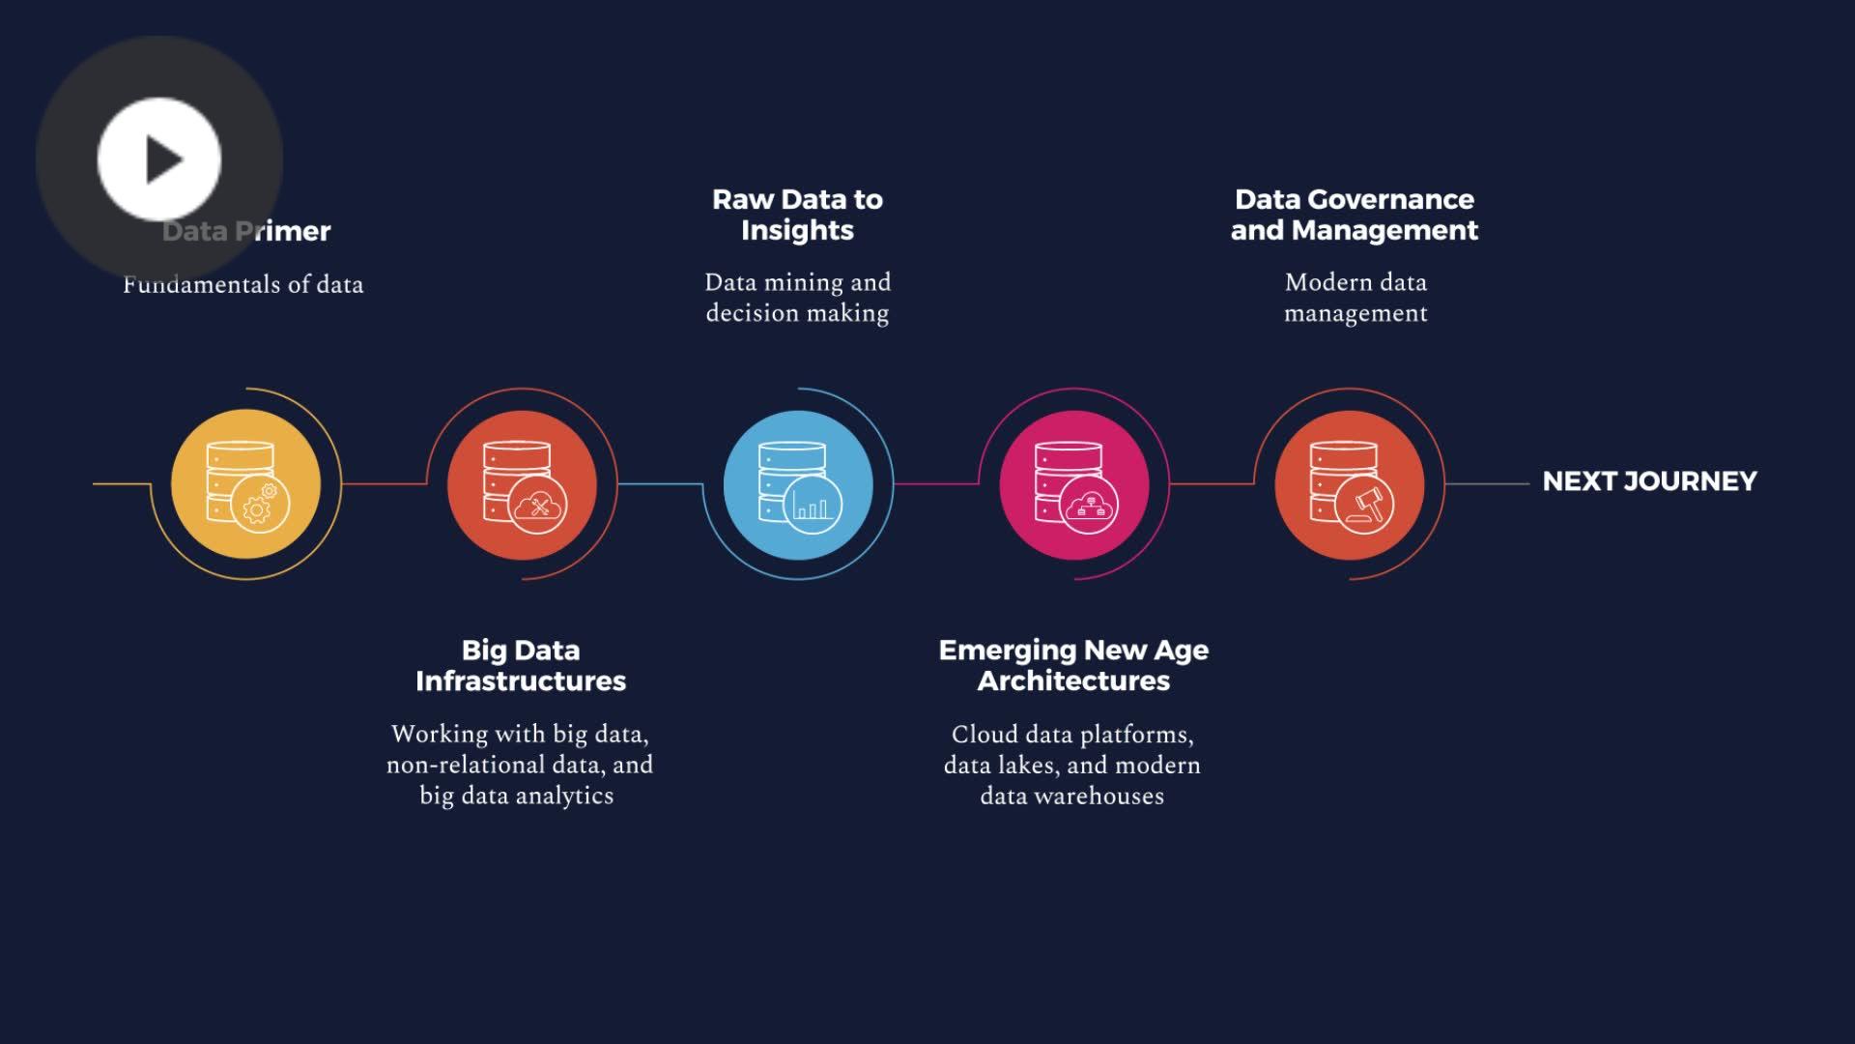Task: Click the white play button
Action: click(x=159, y=159)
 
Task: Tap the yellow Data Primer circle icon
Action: click(x=245, y=483)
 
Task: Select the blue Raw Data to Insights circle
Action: click(x=798, y=483)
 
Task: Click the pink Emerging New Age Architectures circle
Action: click(x=1074, y=483)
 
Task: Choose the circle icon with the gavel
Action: click(x=1350, y=483)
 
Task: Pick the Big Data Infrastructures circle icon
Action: click(x=522, y=483)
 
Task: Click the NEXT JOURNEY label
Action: click(x=1649, y=481)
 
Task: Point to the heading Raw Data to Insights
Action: click(x=798, y=215)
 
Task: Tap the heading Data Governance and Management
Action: click(x=1355, y=215)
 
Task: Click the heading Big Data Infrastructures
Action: click(x=521, y=665)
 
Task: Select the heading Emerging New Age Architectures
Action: click(x=1073, y=665)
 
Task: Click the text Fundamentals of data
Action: click(x=243, y=284)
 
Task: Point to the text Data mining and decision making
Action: click(x=798, y=298)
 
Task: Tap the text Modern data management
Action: click(x=1356, y=298)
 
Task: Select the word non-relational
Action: click(x=466, y=765)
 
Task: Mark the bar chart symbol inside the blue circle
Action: click(x=812, y=507)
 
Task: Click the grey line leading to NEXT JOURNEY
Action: click(x=1487, y=484)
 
